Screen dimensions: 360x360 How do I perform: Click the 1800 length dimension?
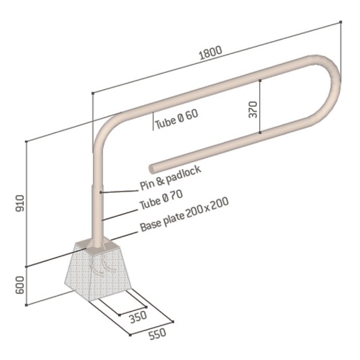click(210, 52)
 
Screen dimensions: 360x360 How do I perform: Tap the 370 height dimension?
click(252, 108)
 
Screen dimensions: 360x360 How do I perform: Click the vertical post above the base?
click(96, 209)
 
